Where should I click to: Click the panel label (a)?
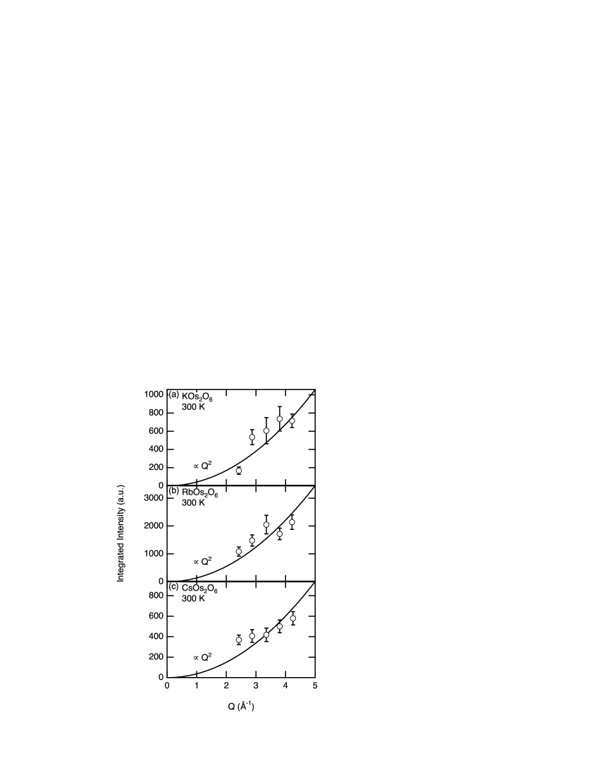[x=174, y=395]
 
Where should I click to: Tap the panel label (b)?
[x=174, y=491]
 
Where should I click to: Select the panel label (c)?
[x=174, y=587]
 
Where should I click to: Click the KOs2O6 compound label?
[x=197, y=397]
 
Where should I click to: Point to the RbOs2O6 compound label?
[x=200, y=492]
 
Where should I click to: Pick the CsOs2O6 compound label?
[x=199, y=588]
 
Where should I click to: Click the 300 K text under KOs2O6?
[x=193, y=407]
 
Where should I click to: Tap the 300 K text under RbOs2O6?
[x=193, y=503]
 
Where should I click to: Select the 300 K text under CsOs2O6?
[x=193, y=599]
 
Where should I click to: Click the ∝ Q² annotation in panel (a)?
[x=202, y=466]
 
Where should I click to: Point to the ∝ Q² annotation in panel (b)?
[x=202, y=562]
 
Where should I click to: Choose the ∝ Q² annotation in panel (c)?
[x=202, y=657]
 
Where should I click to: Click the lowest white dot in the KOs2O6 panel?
[x=239, y=471]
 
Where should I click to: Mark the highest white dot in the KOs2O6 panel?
[x=280, y=419]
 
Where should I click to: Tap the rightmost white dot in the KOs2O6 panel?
[x=292, y=421]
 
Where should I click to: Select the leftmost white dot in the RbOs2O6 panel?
[x=239, y=552]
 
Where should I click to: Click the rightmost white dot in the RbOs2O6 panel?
[x=292, y=523]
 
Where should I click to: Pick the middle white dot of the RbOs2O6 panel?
[x=266, y=525]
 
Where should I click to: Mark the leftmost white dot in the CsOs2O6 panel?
[x=239, y=640]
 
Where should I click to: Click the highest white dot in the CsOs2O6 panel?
[x=293, y=619]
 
